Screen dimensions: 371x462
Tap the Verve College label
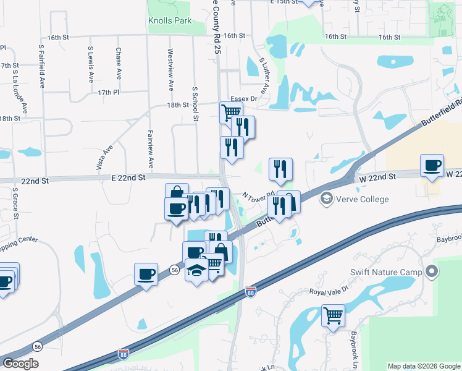point(362,199)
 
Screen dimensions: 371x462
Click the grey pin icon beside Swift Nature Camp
point(433,271)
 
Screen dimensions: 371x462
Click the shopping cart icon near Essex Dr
point(231,113)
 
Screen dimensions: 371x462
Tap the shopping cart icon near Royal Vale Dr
point(333,315)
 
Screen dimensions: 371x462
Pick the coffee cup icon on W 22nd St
point(432,165)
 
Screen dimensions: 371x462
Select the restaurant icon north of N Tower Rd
point(280,168)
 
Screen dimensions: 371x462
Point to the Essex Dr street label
point(243,99)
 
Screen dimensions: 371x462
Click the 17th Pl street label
point(107,93)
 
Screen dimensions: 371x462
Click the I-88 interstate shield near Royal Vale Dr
point(250,291)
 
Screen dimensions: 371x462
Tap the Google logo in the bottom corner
point(20,364)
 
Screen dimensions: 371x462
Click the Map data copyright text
point(423,366)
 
